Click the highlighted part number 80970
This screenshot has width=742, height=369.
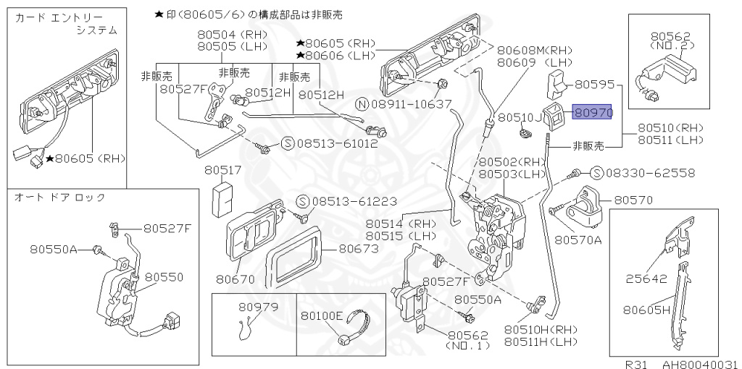(x=593, y=113)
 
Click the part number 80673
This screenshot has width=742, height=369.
(x=359, y=249)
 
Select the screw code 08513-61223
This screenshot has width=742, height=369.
(x=357, y=200)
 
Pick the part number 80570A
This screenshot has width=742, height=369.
(x=578, y=239)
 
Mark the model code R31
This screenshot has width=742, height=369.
(x=639, y=363)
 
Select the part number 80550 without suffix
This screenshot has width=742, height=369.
(x=163, y=276)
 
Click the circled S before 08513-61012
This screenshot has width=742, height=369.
(x=287, y=143)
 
